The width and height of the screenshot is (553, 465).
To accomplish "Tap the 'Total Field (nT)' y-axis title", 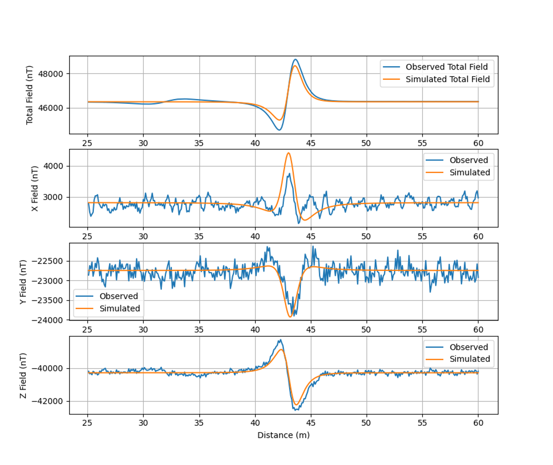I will coord(29,95).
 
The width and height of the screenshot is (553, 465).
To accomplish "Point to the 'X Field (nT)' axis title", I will coord(35,188).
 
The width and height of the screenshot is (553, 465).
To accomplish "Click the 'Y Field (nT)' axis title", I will coord(23,282).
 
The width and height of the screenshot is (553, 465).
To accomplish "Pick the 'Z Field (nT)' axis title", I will coord(23,375).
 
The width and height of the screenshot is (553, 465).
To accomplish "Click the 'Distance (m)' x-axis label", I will coord(283,435).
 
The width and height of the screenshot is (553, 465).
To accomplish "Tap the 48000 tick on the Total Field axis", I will coord(51,74).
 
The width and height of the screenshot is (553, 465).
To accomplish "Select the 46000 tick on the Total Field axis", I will coord(51,108).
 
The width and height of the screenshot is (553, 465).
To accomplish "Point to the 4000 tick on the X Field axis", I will coord(54,166).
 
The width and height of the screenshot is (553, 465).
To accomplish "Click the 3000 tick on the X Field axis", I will coord(54,197).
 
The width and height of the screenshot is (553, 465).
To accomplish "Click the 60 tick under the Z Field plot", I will coord(478,423).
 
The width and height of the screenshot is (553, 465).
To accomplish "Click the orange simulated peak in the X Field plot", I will coord(289,153).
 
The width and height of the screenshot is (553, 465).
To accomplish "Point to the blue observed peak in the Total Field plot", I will coord(295,59).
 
